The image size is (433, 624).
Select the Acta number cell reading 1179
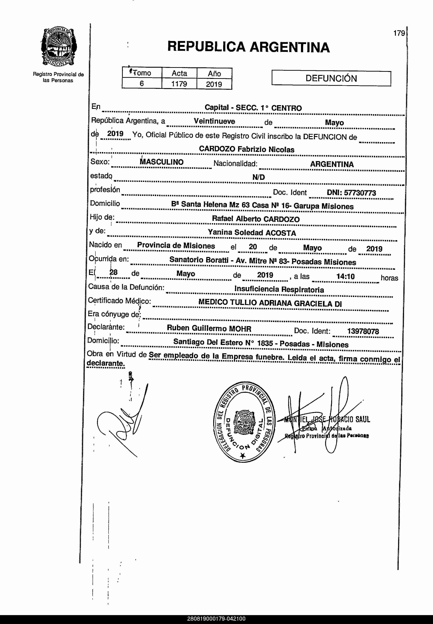click(x=179, y=84)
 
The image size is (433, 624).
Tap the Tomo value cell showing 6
click(x=142, y=83)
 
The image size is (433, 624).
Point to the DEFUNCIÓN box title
click(x=331, y=78)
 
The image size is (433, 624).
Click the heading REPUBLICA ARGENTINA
click(x=248, y=47)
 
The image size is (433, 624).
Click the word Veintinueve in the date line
click(x=214, y=121)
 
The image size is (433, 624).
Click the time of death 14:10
click(x=345, y=276)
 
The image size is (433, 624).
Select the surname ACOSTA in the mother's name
click(x=281, y=233)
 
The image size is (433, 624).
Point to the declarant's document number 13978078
click(x=363, y=331)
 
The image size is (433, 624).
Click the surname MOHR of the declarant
click(x=240, y=329)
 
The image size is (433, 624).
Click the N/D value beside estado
click(x=258, y=177)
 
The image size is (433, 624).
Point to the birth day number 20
click(x=253, y=247)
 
